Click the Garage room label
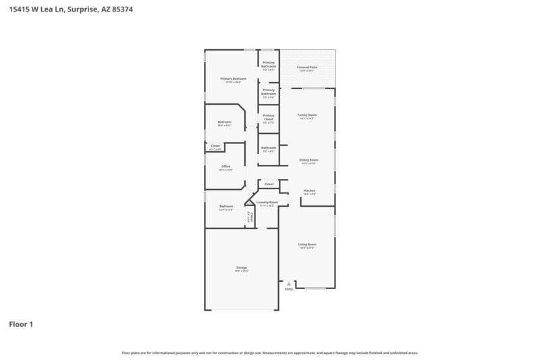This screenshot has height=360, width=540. coord(242,267)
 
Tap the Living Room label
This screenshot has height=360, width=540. coord(308,244)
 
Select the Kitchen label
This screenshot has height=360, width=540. coord(309,190)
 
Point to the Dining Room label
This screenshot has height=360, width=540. coord(308,160)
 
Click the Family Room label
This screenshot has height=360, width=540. coord(308,115)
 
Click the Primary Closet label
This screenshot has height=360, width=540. coord(269,117)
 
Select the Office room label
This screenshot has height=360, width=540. coord(226,166)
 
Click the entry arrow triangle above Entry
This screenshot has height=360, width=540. coord(289,284)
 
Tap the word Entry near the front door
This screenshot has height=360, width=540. coord(289,289)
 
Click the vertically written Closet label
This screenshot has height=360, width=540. coord(252,217)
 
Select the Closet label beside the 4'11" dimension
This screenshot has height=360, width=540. coord(215,145)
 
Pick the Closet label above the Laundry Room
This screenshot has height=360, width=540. coord(269,184)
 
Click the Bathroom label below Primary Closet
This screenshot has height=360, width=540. coord(269,147)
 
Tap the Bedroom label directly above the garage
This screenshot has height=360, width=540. coord(225,206)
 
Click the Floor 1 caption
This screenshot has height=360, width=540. coord(21,324)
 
